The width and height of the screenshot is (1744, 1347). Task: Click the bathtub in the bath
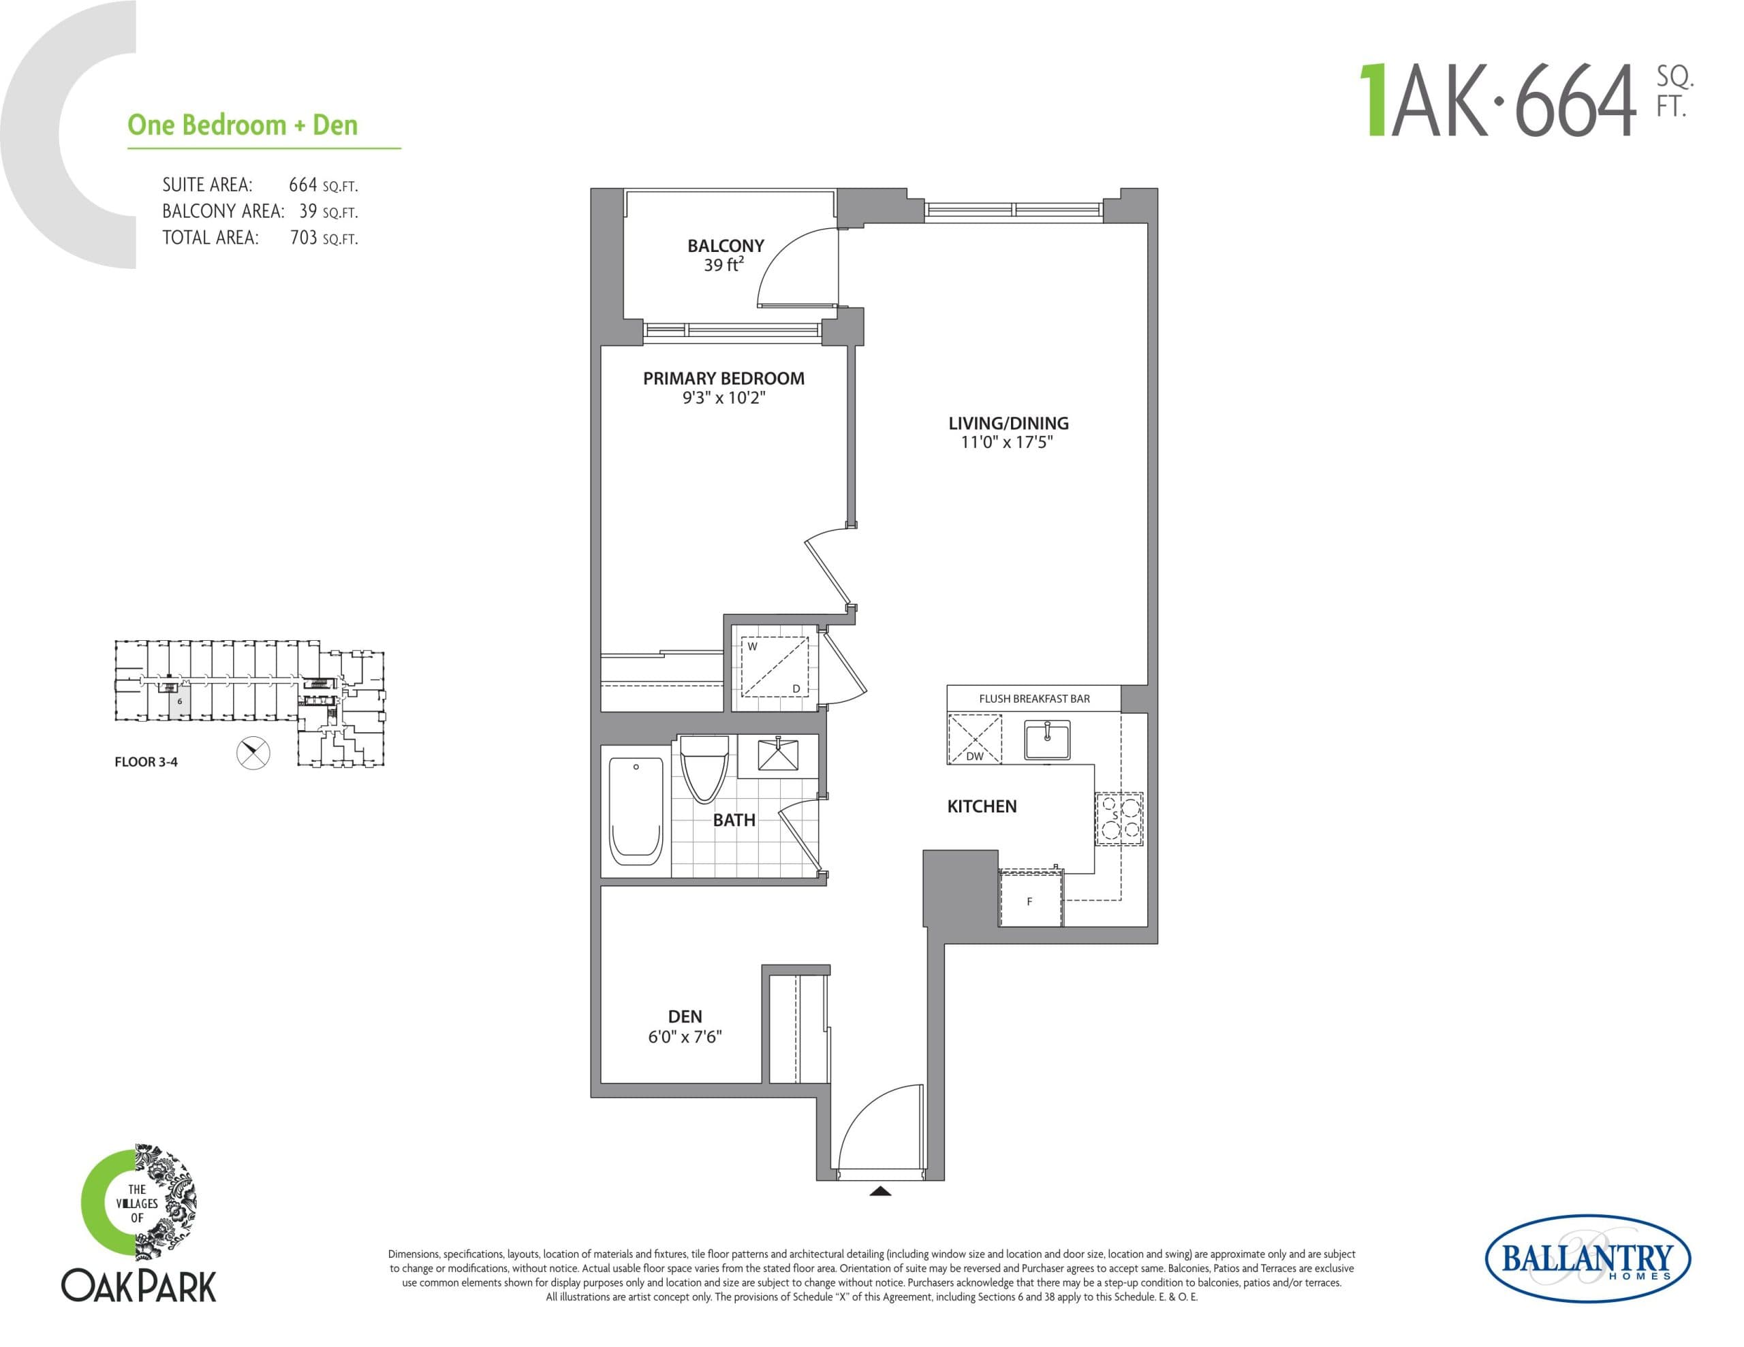[636, 811]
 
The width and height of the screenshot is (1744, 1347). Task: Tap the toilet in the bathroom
[704, 767]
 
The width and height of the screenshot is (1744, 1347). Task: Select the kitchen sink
[1047, 740]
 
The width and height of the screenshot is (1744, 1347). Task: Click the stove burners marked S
[1118, 819]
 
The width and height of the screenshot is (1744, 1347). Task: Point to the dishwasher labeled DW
[974, 740]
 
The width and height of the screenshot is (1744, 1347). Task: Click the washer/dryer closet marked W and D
[775, 667]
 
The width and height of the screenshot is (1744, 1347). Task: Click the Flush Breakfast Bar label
[1034, 699]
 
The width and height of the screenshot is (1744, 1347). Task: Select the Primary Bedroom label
[723, 379]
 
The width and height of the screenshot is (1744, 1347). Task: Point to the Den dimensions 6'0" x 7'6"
[685, 1036]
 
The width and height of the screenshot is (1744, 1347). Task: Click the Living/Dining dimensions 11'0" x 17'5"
[1007, 443]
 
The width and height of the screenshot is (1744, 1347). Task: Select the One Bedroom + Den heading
[243, 125]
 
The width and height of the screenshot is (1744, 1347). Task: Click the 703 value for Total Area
[303, 238]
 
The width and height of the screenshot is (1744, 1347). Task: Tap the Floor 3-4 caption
[146, 762]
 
